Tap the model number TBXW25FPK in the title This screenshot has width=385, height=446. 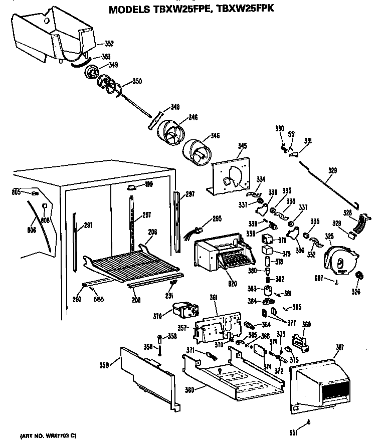(x=245, y=9)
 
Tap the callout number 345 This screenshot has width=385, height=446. (x=242, y=146)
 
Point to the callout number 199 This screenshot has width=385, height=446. (x=149, y=185)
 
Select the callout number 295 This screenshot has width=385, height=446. (x=216, y=218)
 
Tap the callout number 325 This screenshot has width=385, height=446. (x=329, y=236)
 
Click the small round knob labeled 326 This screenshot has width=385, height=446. (x=358, y=276)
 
